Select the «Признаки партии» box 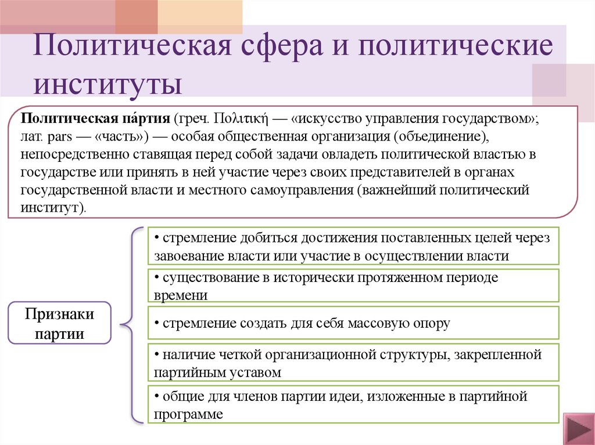tap(59, 324)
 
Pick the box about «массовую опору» tap(353, 323)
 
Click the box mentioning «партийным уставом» tap(353, 363)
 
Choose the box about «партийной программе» tap(353, 404)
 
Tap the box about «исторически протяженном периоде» tap(353, 285)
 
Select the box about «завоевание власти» tap(353, 246)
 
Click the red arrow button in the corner tap(577, 430)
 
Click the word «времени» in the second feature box tap(181, 294)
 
